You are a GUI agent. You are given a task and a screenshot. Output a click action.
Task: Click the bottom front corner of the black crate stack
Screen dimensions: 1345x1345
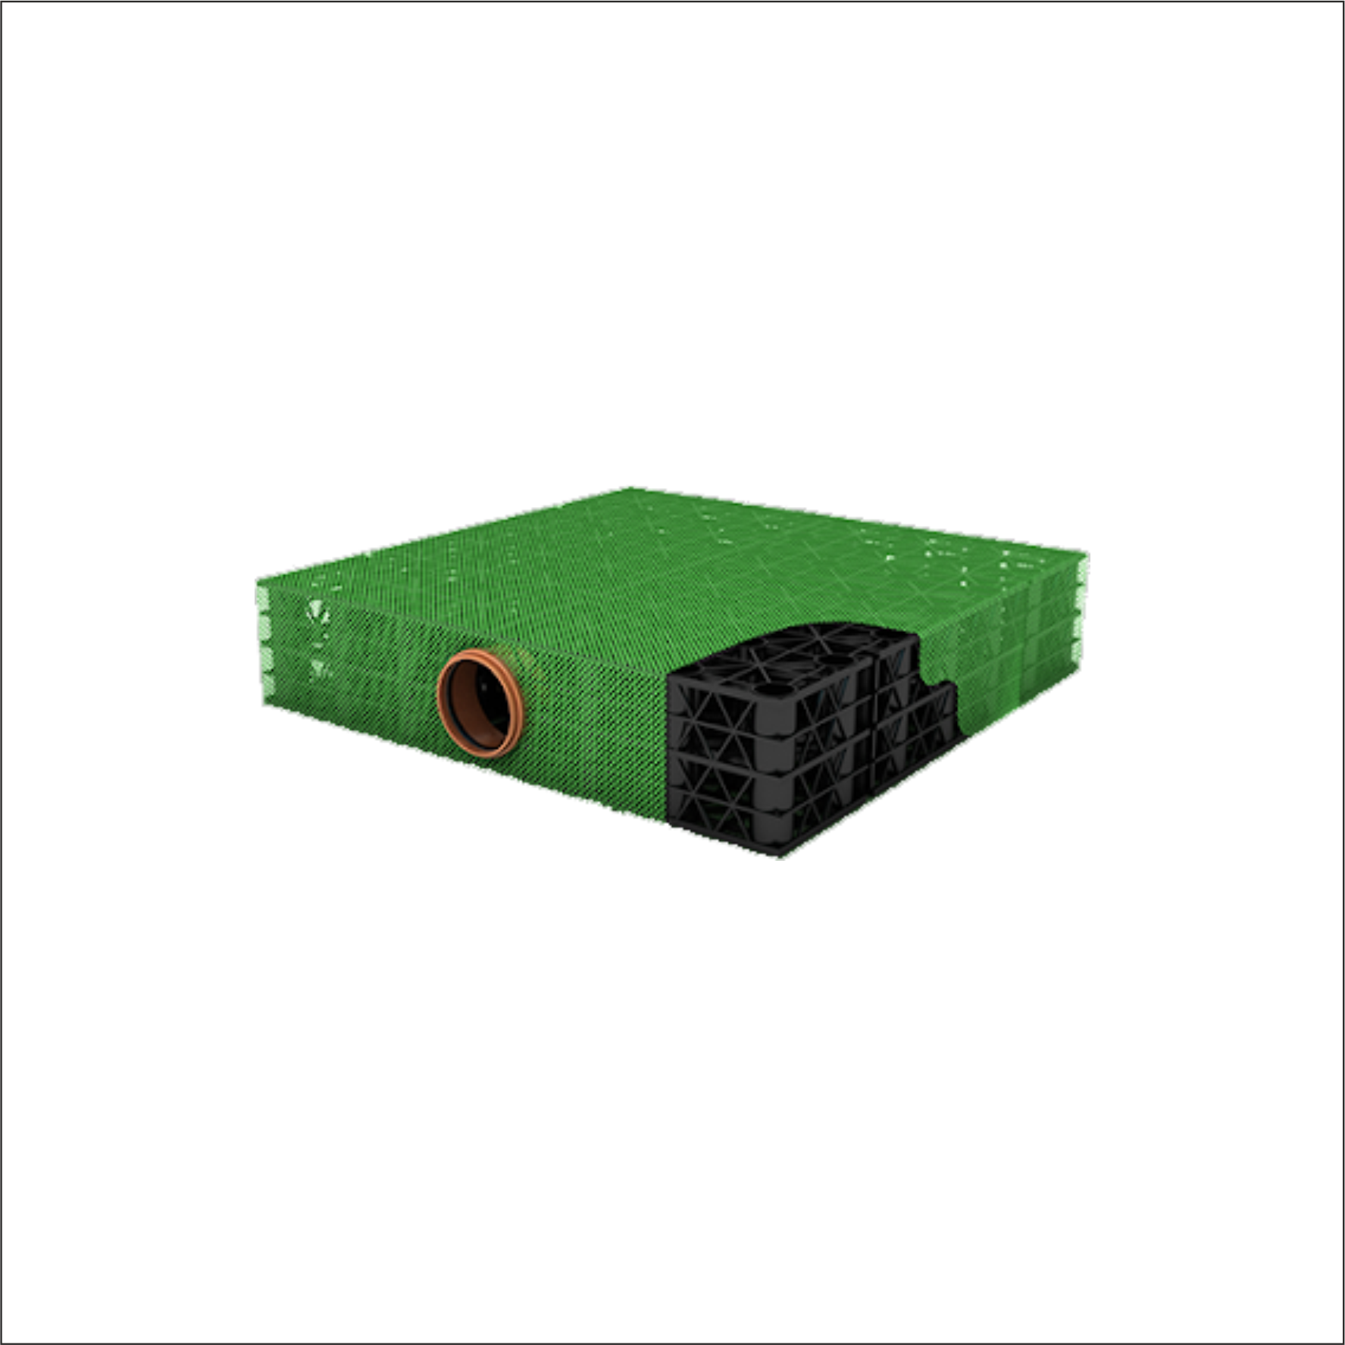point(780,855)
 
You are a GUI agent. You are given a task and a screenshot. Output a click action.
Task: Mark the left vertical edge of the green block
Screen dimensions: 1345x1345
point(260,644)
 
